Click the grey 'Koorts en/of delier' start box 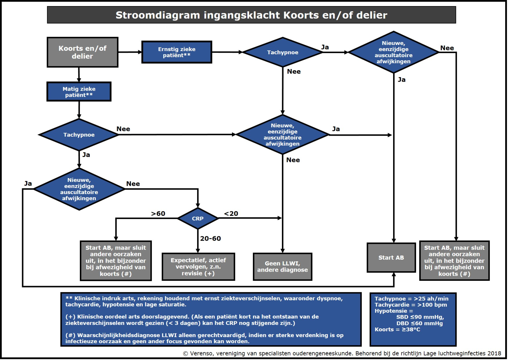tap(83, 52)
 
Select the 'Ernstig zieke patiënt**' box tap(177, 52)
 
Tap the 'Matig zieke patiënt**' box tap(79, 92)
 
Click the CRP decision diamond tap(198, 219)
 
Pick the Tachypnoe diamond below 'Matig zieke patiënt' tap(79, 135)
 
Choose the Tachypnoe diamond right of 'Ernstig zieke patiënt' tap(283, 52)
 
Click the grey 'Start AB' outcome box tap(391, 258)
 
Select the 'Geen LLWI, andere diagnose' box tap(282, 267)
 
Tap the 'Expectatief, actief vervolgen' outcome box tap(198, 267)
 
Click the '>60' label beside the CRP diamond tap(158, 214)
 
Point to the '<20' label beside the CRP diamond tap(231, 214)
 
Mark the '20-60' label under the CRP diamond tap(211, 238)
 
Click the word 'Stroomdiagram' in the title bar tap(158, 15)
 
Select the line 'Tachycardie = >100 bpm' tap(411, 305)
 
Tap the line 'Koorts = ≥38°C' tap(397, 329)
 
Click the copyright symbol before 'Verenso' tap(186, 354)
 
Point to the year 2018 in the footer tap(494, 353)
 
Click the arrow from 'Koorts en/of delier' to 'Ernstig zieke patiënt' tap(130, 52)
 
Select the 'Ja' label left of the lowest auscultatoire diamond tap(28, 183)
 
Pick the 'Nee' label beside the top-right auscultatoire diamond tap(447, 48)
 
